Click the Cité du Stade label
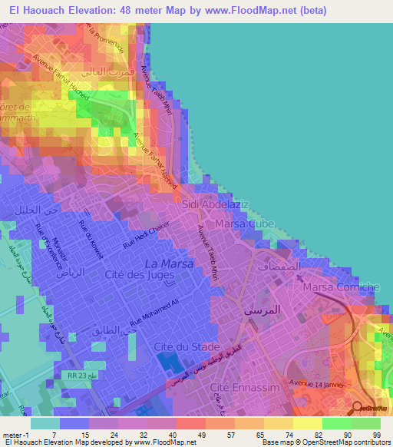[182, 346]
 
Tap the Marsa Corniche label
[341, 287]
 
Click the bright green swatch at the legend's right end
[365, 423]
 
